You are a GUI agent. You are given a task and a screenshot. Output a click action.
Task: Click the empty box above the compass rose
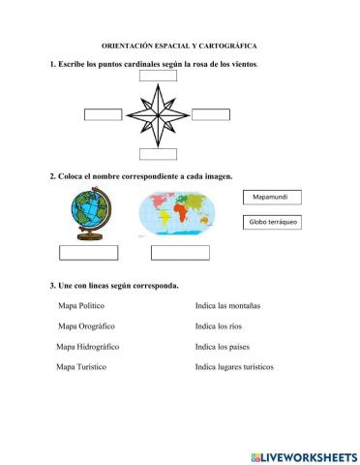click(160, 77)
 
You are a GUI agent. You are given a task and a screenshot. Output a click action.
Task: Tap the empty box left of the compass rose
click(104, 115)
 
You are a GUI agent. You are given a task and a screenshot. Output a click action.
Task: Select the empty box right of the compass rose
click(209, 115)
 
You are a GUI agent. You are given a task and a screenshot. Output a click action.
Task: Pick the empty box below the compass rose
click(158, 152)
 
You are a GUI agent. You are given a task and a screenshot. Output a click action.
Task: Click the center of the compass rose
click(158, 115)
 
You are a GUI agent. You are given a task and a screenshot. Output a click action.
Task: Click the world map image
click(181, 214)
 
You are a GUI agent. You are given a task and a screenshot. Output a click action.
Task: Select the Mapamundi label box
click(272, 198)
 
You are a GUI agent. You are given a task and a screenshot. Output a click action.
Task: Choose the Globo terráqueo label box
click(273, 223)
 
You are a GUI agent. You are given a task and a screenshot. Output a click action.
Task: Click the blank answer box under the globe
click(89, 253)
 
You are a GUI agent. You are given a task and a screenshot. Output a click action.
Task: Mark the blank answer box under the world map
click(180, 253)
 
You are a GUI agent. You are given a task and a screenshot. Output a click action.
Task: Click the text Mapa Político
click(82, 305)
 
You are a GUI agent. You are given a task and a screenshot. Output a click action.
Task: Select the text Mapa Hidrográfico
click(87, 346)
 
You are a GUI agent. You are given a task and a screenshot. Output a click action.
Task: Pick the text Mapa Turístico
click(81, 367)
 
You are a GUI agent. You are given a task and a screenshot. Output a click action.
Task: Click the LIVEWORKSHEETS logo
click(303, 455)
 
